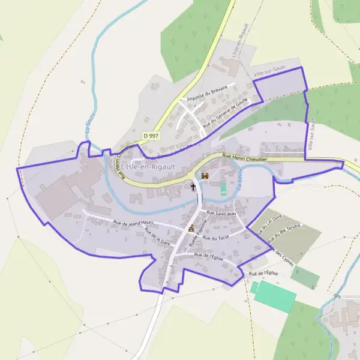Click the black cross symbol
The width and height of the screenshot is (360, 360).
pos(193,187)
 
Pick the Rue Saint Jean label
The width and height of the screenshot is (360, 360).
pos(222,213)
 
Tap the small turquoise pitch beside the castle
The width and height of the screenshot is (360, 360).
pos(224,189)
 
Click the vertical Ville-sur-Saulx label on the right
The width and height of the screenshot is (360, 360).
pos(311,134)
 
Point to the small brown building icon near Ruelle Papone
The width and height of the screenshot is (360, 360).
pos(191,228)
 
